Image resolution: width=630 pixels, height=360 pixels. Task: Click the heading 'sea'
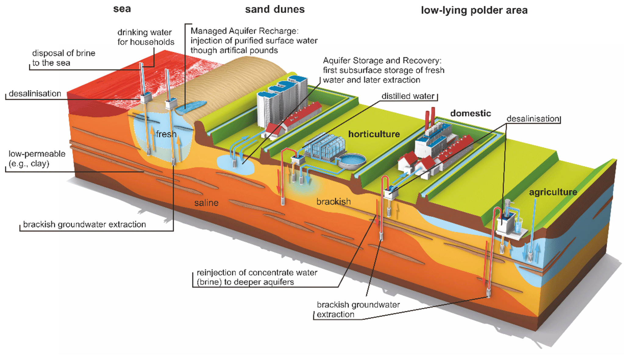(122, 9)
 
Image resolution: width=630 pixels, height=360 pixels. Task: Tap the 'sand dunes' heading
(275, 9)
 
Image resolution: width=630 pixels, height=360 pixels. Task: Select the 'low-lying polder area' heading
(474, 10)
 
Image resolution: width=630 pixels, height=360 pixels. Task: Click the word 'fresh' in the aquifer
(166, 134)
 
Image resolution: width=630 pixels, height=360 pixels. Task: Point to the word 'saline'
(206, 203)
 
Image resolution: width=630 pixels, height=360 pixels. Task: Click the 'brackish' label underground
(333, 202)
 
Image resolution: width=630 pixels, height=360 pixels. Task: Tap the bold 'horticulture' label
(374, 134)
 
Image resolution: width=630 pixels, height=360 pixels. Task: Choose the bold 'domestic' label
(471, 113)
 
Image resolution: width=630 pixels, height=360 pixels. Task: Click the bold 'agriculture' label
(553, 192)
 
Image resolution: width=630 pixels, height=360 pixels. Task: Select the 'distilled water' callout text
(408, 96)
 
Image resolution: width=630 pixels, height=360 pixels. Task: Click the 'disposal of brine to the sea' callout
(63, 58)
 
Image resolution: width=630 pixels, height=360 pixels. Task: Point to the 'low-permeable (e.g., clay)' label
(37, 159)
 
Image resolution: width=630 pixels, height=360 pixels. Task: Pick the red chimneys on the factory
(430, 117)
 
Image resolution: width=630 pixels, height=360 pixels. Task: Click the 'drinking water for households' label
(146, 37)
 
